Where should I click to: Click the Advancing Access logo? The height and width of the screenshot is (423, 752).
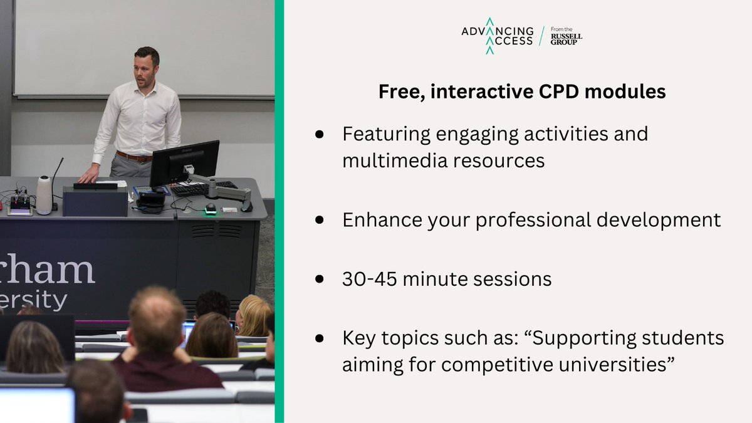tap(498, 36)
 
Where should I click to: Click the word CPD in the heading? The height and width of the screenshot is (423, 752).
tap(558, 91)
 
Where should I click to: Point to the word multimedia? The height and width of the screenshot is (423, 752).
tap(395, 160)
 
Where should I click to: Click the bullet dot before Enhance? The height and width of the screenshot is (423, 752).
tap(319, 220)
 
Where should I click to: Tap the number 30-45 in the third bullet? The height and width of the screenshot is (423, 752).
tap(369, 279)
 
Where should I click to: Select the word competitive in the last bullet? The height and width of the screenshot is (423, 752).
tap(497, 365)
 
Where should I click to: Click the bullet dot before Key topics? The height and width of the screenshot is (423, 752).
tap(319, 338)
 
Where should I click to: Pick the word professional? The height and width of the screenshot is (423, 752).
tap(533, 221)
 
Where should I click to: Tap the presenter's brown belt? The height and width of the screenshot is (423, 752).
tap(134, 157)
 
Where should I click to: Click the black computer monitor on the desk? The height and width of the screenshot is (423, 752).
tap(184, 163)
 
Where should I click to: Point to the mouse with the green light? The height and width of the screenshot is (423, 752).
tap(210, 209)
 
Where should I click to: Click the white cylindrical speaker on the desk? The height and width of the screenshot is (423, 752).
tap(44, 195)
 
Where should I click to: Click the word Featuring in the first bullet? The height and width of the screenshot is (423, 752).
tap(387, 135)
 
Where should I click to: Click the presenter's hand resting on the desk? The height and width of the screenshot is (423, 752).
tap(88, 175)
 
